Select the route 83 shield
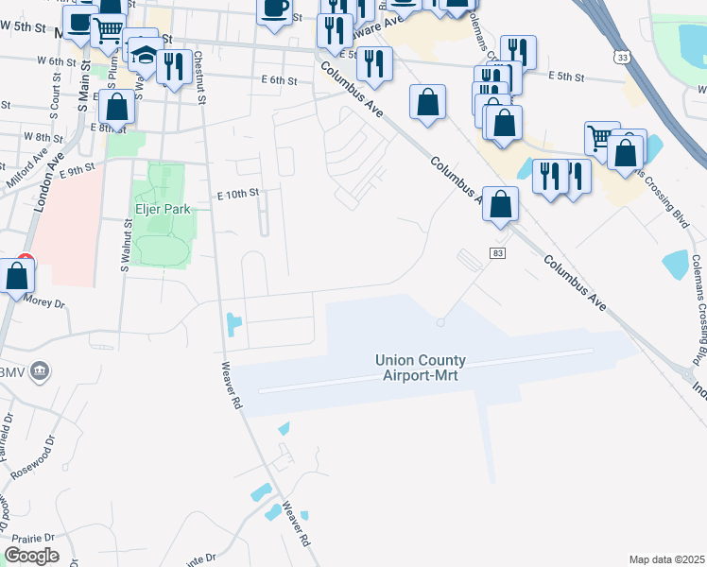click(496, 253)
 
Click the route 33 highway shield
click(620, 58)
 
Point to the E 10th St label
click(237, 194)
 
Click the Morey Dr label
click(44, 303)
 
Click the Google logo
click(31, 556)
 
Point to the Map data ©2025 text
click(665, 559)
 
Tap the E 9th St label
click(78, 170)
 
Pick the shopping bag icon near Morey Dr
click(17, 277)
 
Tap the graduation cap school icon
click(144, 54)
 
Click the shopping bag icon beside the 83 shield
click(502, 203)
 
